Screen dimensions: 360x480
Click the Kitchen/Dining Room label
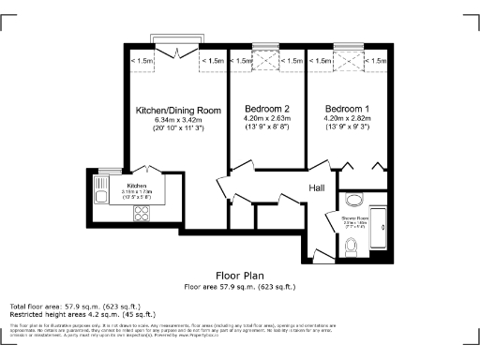coord(178,110)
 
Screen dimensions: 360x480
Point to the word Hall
coord(317,188)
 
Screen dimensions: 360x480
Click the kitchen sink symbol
coord(101,192)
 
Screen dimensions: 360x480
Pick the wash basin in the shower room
coord(353,199)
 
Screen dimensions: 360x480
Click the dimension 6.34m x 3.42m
coord(178,119)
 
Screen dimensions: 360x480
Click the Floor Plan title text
coord(239,276)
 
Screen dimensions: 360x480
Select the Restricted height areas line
coord(71,314)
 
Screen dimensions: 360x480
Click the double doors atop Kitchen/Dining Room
coord(177,53)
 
